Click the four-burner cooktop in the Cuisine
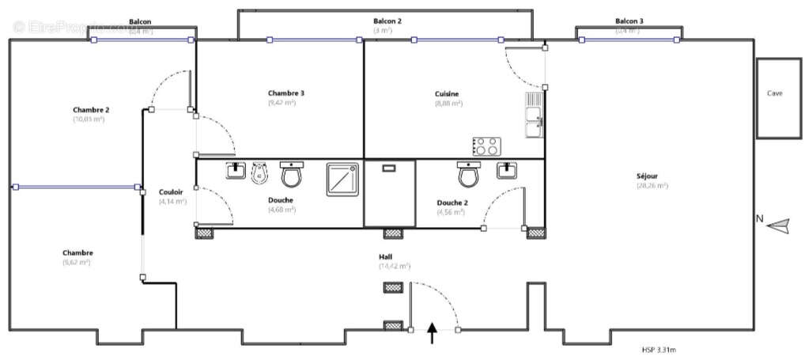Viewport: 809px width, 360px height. click(x=486, y=146)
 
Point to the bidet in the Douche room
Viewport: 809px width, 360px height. click(x=259, y=172)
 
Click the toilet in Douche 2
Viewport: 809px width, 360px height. click(x=468, y=174)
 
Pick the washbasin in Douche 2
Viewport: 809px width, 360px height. click(x=508, y=170)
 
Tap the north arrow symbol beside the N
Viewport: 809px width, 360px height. click(x=779, y=225)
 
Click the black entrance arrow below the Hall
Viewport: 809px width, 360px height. click(x=433, y=333)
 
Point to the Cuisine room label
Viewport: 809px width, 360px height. click(x=447, y=93)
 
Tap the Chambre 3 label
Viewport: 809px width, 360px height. click(x=286, y=93)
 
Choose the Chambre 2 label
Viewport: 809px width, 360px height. click(x=91, y=109)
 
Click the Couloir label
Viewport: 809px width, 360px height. click(x=171, y=191)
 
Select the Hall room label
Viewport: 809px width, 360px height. click(x=386, y=257)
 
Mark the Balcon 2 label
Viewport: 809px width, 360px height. click(x=388, y=21)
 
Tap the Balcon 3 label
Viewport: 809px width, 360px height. click(x=629, y=21)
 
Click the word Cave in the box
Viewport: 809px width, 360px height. click(x=775, y=93)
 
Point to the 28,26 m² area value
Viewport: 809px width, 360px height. click(x=652, y=186)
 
